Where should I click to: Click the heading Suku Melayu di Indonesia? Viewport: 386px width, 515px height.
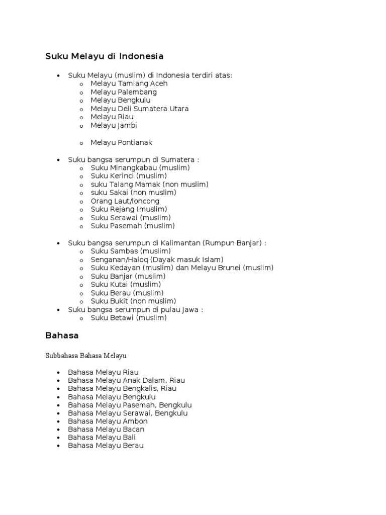105,56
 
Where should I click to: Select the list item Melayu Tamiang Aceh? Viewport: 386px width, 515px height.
129,83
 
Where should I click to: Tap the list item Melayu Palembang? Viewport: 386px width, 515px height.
124,92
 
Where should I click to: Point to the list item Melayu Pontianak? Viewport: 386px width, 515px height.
121,142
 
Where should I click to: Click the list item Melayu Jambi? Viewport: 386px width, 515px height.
114,125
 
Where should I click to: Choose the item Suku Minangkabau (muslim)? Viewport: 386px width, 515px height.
140,167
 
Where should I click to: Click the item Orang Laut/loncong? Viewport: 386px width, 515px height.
125,201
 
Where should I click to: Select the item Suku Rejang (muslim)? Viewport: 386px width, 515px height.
129,209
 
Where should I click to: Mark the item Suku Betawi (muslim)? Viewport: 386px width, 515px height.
129,318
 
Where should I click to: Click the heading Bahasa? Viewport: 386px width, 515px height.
62,334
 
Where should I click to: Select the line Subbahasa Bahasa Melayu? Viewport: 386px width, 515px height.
86,356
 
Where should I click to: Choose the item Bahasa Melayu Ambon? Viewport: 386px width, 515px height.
108,421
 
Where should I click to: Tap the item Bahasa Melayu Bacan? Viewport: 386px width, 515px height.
106,430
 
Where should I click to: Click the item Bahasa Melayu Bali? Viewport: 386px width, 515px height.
102,438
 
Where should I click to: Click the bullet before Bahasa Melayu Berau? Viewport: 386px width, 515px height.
58,446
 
